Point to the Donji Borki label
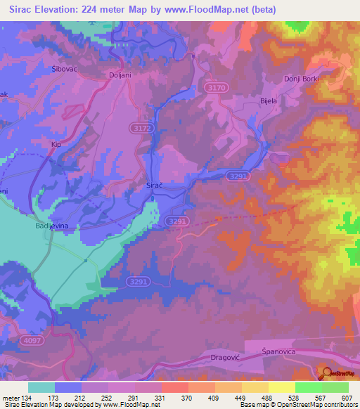coord(302,79)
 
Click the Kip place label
coord(57,145)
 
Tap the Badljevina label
coord(50,227)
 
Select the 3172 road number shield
coord(141,128)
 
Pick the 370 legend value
coord(187,397)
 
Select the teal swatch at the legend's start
coord(41,387)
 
